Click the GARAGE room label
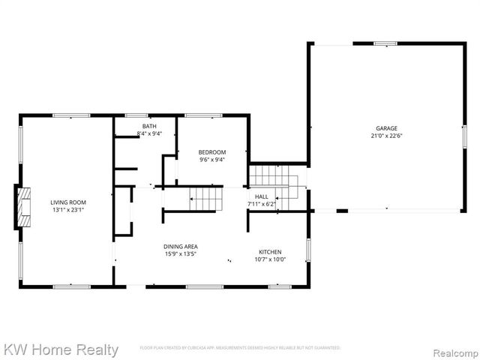(x=387, y=128)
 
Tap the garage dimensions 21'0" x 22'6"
(x=387, y=136)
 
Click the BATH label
(x=149, y=126)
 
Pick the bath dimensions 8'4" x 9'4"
(x=149, y=133)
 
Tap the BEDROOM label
(x=212, y=152)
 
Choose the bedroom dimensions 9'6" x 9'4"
(x=212, y=160)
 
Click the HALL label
(x=261, y=196)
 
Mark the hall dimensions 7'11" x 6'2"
(x=261, y=204)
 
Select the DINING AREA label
(x=181, y=246)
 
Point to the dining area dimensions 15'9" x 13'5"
(x=181, y=253)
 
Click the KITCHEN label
(x=270, y=251)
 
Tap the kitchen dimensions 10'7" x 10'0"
(x=270, y=259)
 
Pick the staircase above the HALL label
(x=274, y=178)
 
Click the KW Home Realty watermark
(x=61, y=349)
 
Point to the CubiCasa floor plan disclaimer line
(x=240, y=348)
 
